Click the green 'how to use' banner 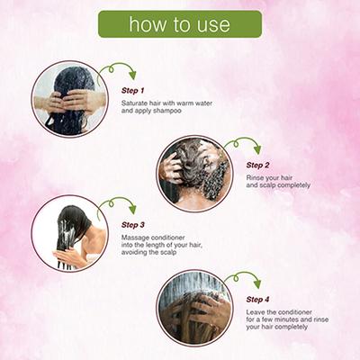click(180, 24)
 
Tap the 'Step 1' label click(133, 90)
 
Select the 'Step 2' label click(257, 165)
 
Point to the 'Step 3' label click(133, 225)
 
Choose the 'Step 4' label click(257, 300)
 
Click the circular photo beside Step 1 click(70, 99)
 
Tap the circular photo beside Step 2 click(195, 174)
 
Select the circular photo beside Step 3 click(70, 233)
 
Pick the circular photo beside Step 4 click(195, 308)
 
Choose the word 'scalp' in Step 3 click(167, 253)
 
